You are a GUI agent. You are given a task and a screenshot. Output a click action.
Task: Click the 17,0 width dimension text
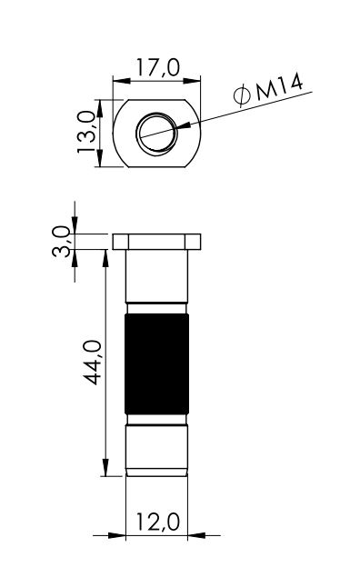click(157, 67)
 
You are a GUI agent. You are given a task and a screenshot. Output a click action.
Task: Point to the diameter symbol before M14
click(242, 95)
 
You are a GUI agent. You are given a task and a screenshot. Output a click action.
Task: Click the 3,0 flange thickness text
click(61, 241)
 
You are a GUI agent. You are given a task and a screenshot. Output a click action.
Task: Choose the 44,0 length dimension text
click(92, 362)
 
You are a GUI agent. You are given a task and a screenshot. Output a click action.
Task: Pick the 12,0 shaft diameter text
click(157, 522)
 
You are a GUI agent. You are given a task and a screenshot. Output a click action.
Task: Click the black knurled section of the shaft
click(156, 363)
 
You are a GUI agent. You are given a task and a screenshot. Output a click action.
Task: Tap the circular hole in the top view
click(157, 132)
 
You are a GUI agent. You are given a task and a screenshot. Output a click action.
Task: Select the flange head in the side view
click(156, 242)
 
